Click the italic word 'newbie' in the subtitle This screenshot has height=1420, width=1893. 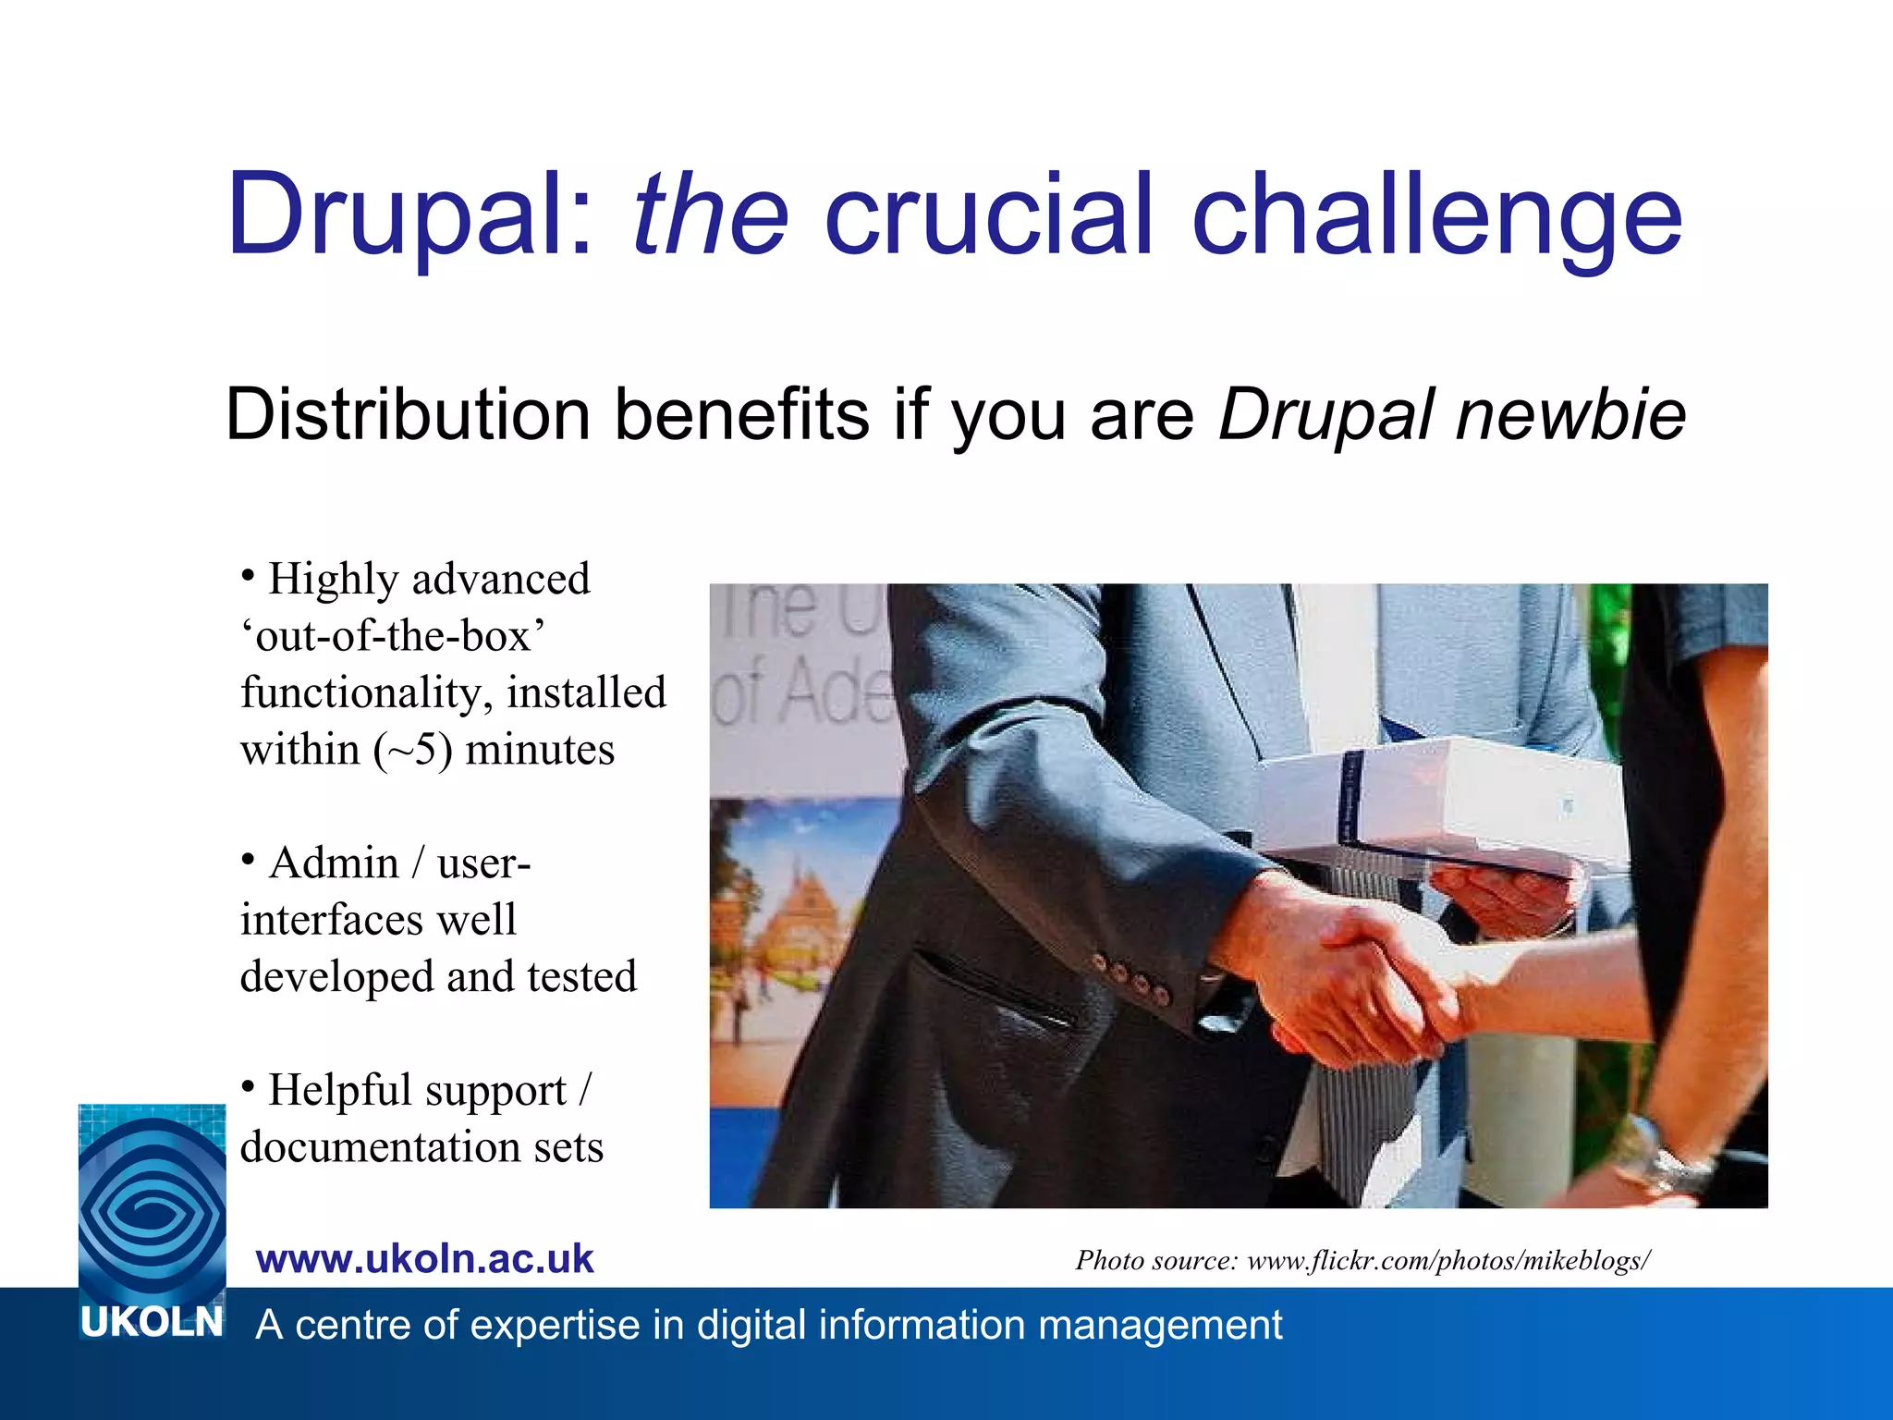pos(1571,414)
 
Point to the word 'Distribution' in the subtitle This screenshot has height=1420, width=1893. pos(408,414)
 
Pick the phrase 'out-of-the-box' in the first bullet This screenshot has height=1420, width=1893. pos(393,636)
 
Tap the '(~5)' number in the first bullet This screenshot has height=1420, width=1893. pos(413,750)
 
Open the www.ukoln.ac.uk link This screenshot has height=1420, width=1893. pos(424,1259)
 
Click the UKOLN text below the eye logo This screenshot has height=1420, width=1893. pos(152,1323)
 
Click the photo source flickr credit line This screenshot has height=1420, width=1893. pos(1362,1260)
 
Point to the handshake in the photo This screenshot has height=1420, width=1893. pos(1368,980)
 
